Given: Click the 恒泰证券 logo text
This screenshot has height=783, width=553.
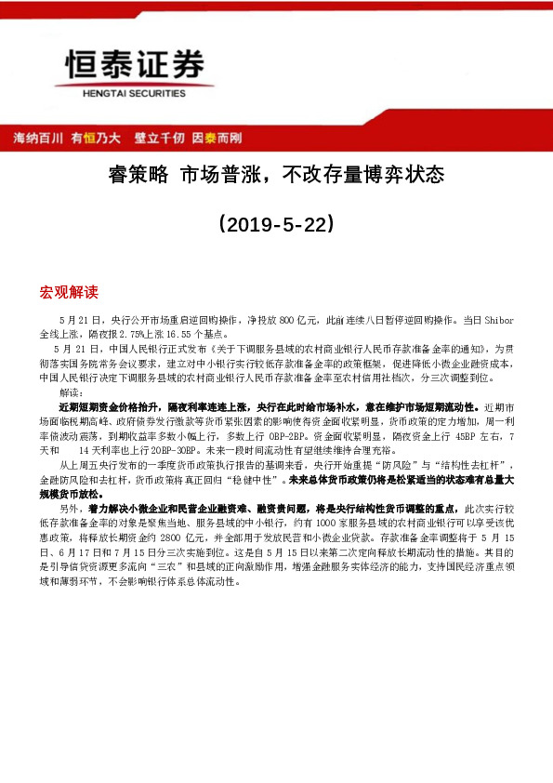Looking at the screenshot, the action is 133,64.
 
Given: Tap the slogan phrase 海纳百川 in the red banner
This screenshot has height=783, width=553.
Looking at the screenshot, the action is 38,138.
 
